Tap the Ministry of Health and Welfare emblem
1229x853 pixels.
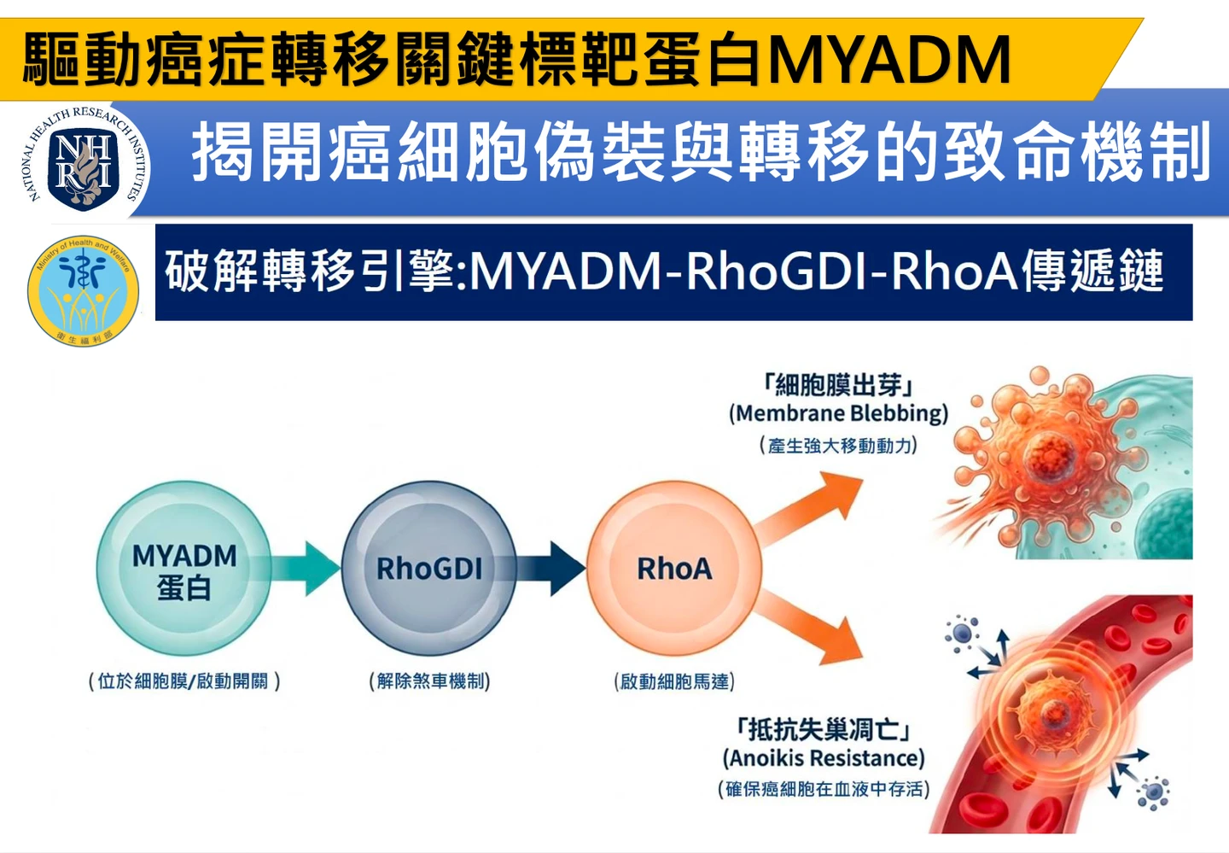tap(83, 291)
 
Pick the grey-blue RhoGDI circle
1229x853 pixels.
tap(429, 569)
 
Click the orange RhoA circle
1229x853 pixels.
tap(674, 569)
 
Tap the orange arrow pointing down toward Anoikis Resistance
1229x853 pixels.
tap(811, 632)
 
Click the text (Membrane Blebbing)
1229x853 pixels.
tap(838, 414)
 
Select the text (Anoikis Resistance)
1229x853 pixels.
tap(824, 758)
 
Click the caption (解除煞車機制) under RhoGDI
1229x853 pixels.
tap(429, 681)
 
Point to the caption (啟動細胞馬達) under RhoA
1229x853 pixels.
tap(674, 681)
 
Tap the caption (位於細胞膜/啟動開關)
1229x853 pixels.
tap(183, 681)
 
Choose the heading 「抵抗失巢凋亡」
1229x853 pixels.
tap(824, 729)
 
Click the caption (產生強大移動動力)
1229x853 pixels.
tap(838, 446)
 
